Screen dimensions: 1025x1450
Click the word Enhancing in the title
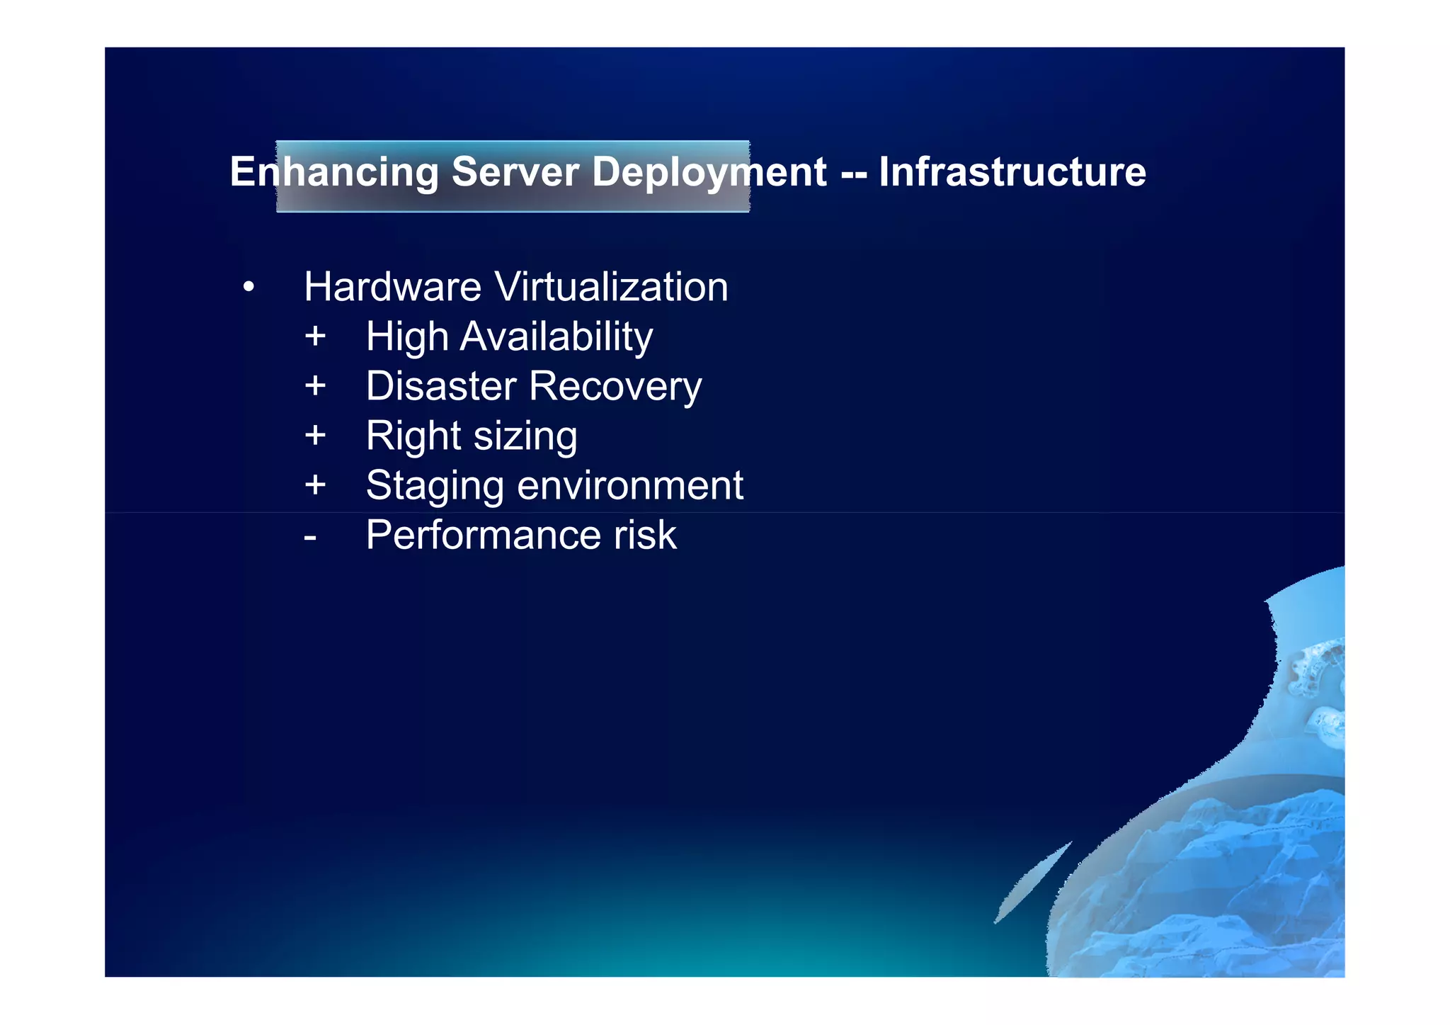tap(334, 173)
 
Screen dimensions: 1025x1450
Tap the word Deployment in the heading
tap(709, 173)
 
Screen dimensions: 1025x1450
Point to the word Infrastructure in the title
tap(1012, 172)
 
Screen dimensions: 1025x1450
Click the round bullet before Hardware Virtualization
tap(248, 288)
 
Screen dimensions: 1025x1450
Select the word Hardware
tap(392, 287)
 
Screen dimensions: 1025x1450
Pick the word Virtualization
tap(611, 287)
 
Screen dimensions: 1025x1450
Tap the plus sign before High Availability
tap(315, 336)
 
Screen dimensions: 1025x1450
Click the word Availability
tap(556, 336)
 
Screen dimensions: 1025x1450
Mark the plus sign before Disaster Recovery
tap(315, 386)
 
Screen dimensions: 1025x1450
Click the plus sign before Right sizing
tap(315, 435)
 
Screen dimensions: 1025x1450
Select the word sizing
tap(525, 436)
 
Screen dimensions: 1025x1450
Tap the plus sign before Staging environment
tap(315, 485)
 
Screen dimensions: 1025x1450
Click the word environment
tap(629, 486)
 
